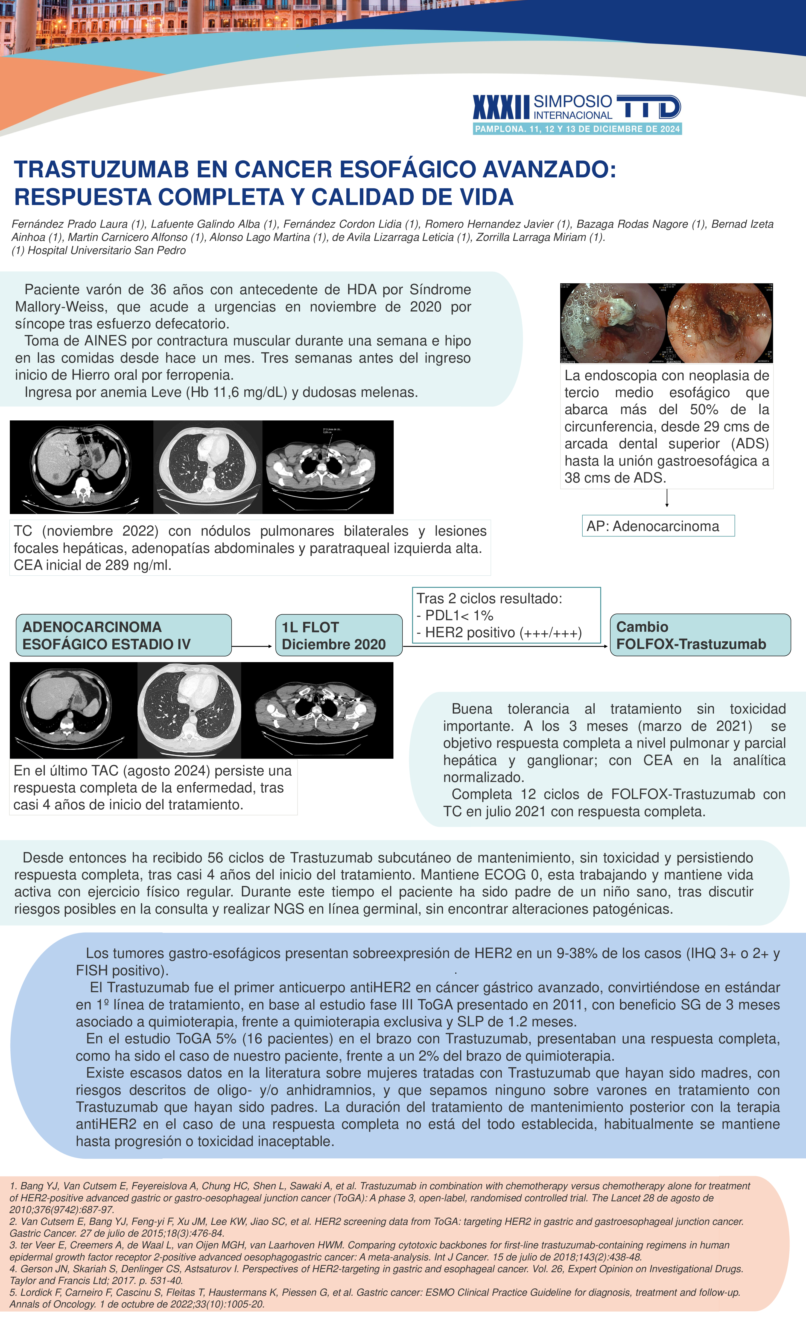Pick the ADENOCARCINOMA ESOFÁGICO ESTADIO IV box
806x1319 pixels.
click(124, 635)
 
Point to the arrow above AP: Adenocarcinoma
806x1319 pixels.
click(667, 498)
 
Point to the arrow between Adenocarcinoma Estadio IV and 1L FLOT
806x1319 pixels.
click(252, 646)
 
